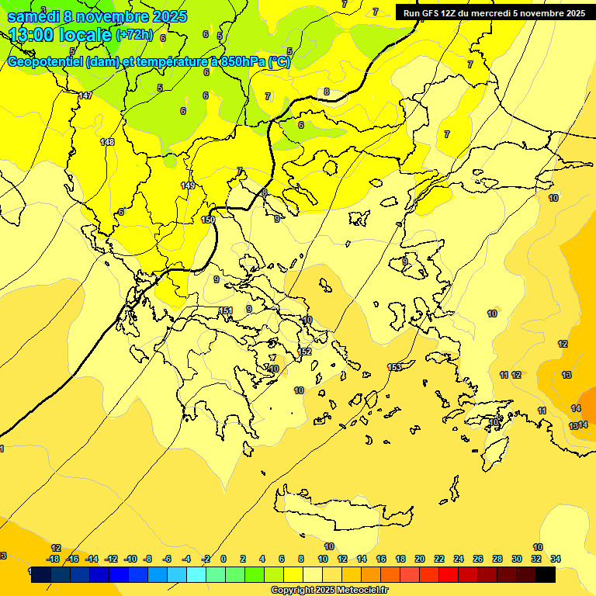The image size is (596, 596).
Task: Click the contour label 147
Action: click(x=85, y=95)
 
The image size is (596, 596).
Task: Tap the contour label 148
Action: click(x=107, y=142)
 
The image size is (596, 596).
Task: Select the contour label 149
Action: click(x=188, y=185)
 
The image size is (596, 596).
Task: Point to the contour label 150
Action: click(x=208, y=220)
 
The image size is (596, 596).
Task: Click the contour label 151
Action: click(x=226, y=310)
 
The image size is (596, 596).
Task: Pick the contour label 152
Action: click(x=305, y=352)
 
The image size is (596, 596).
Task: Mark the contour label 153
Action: click(x=394, y=367)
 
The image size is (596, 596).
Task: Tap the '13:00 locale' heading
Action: click(x=61, y=35)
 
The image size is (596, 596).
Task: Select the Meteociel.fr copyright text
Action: click(x=329, y=590)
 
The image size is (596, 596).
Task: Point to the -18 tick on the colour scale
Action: click(x=53, y=559)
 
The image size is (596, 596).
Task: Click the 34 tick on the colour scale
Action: click(x=556, y=559)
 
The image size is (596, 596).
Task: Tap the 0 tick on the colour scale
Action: click(x=223, y=559)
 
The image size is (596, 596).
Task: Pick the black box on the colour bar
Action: click(x=545, y=575)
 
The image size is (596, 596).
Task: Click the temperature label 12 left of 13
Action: click(x=563, y=344)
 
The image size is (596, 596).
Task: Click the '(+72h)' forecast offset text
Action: click(x=134, y=36)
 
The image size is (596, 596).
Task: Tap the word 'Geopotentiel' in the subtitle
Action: click(x=45, y=62)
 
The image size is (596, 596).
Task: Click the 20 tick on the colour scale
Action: click(x=420, y=559)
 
